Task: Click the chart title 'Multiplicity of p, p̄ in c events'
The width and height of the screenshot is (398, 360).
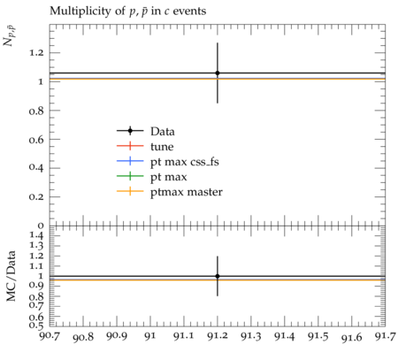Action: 127,11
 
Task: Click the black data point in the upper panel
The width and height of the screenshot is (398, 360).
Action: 218,73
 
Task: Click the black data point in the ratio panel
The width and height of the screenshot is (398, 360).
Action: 218,276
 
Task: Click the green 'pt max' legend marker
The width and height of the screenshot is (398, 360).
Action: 130,176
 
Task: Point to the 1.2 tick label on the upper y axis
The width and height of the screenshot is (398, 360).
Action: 36,53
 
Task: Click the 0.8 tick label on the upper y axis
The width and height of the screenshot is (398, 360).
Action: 36,111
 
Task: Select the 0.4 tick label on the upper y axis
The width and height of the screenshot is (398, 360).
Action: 36,168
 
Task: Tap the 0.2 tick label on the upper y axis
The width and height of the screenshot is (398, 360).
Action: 36,197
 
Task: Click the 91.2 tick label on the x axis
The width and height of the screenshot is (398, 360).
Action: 218,336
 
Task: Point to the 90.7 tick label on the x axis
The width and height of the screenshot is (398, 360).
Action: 50,336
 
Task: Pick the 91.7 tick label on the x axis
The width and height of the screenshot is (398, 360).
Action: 385,336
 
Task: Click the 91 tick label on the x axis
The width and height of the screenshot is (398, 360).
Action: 150,336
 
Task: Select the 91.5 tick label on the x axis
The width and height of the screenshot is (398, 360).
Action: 318,336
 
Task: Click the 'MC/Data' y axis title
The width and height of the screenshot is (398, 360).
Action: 11,276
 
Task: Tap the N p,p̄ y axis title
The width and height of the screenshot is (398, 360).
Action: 10,36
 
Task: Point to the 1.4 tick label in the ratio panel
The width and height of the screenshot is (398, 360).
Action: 36,235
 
